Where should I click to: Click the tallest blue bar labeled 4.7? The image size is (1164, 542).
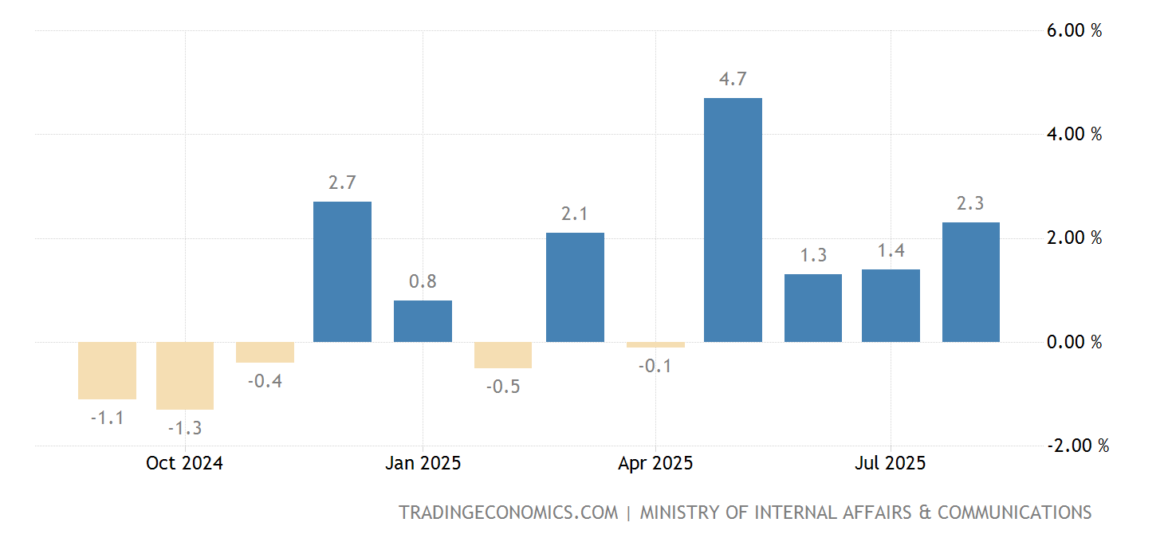[733, 220]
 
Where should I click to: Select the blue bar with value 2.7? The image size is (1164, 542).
[342, 272]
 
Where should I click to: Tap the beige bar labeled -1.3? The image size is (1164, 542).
[185, 375]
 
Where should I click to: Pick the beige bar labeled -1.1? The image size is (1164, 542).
[107, 371]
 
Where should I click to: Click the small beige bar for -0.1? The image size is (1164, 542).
[655, 344]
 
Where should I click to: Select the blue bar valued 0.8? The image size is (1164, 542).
[423, 321]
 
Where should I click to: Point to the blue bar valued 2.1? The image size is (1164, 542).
[575, 287]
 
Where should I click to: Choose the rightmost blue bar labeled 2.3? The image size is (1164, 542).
[970, 282]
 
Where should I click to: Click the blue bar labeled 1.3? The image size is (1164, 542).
[812, 308]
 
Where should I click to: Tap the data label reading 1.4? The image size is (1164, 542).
[891, 251]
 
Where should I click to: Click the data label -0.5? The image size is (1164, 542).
[502, 387]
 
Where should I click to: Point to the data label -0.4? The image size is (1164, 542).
[265, 381]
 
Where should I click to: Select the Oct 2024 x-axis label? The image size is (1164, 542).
[184, 463]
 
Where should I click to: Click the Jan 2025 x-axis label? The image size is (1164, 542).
[423, 463]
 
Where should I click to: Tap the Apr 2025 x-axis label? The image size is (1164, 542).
[655, 463]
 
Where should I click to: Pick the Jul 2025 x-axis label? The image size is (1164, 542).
[890, 463]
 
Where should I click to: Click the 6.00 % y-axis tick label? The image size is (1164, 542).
[1073, 30]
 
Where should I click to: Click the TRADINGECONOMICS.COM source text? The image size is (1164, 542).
[508, 513]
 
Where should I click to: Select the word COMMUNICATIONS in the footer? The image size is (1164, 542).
[1014, 513]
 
